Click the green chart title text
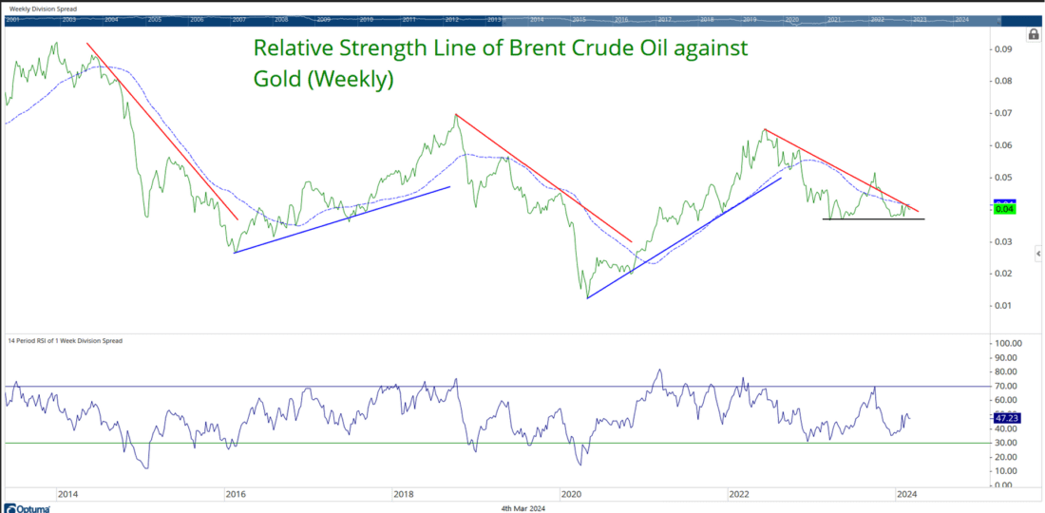pos(501,64)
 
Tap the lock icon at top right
pos(1033,35)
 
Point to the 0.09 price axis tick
pos(1004,49)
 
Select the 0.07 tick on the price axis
pos(1004,114)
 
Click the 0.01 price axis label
pos(1004,306)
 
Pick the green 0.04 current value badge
pos(1005,210)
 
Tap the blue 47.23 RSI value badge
pos(1008,416)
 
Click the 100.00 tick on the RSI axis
pos(1008,343)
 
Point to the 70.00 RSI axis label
pos(1008,387)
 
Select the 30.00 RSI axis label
pos(1008,443)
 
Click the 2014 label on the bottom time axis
pos(67,494)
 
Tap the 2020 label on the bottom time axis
pos(571,494)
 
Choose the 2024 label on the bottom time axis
pos(906,494)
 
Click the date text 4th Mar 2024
pos(522,508)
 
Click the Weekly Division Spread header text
pos(44,9)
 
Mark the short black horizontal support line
pos(872,219)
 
